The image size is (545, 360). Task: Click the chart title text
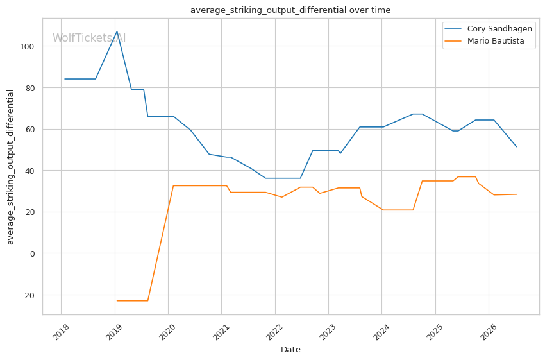coord(290,10)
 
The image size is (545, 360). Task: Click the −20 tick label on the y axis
coord(27,296)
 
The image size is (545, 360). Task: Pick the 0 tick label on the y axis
coord(32,254)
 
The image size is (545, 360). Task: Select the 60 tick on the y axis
coord(30,130)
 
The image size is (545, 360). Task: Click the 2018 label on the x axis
coord(61,332)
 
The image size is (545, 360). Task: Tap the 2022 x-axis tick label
coord(274,332)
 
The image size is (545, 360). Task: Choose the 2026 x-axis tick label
coord(489,332)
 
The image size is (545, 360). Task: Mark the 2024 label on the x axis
coord(382,332)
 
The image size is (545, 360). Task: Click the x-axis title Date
coord(290,350)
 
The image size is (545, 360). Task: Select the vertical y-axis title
coord(10,167)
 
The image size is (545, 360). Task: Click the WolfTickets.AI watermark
coord(89,38)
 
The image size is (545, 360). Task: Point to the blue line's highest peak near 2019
coord(117,31)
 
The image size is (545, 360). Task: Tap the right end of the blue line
coord(517,147)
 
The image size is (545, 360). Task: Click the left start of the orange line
coord(117,300)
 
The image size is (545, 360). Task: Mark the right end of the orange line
coord(517,194)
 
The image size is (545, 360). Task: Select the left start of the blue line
coord(65,79)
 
